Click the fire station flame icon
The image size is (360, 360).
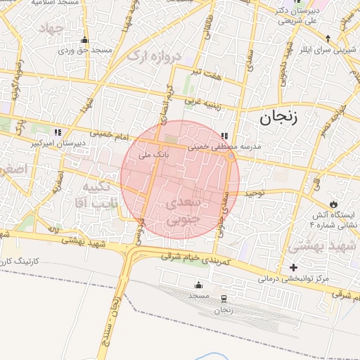point(342,203)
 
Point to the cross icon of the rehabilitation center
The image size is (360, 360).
point(293,267)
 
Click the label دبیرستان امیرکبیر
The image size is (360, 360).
point(58,143)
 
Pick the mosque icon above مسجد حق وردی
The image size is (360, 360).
point(84,40)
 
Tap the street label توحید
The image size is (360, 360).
point(253,192)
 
